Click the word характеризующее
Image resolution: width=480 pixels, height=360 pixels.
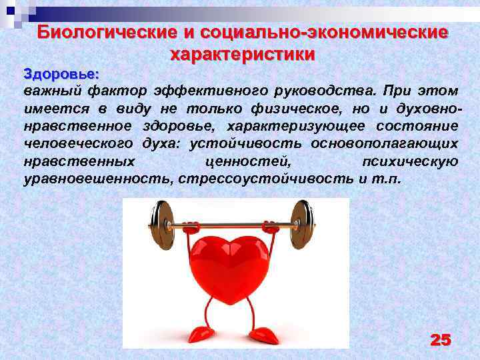click(291, 126)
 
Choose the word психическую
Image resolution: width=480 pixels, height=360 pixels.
click(409, 161)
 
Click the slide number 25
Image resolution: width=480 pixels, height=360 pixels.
click(440, 340)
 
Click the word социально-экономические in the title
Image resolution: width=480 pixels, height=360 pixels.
click(317, 33)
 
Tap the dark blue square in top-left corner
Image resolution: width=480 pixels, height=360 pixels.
click(11, 11)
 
